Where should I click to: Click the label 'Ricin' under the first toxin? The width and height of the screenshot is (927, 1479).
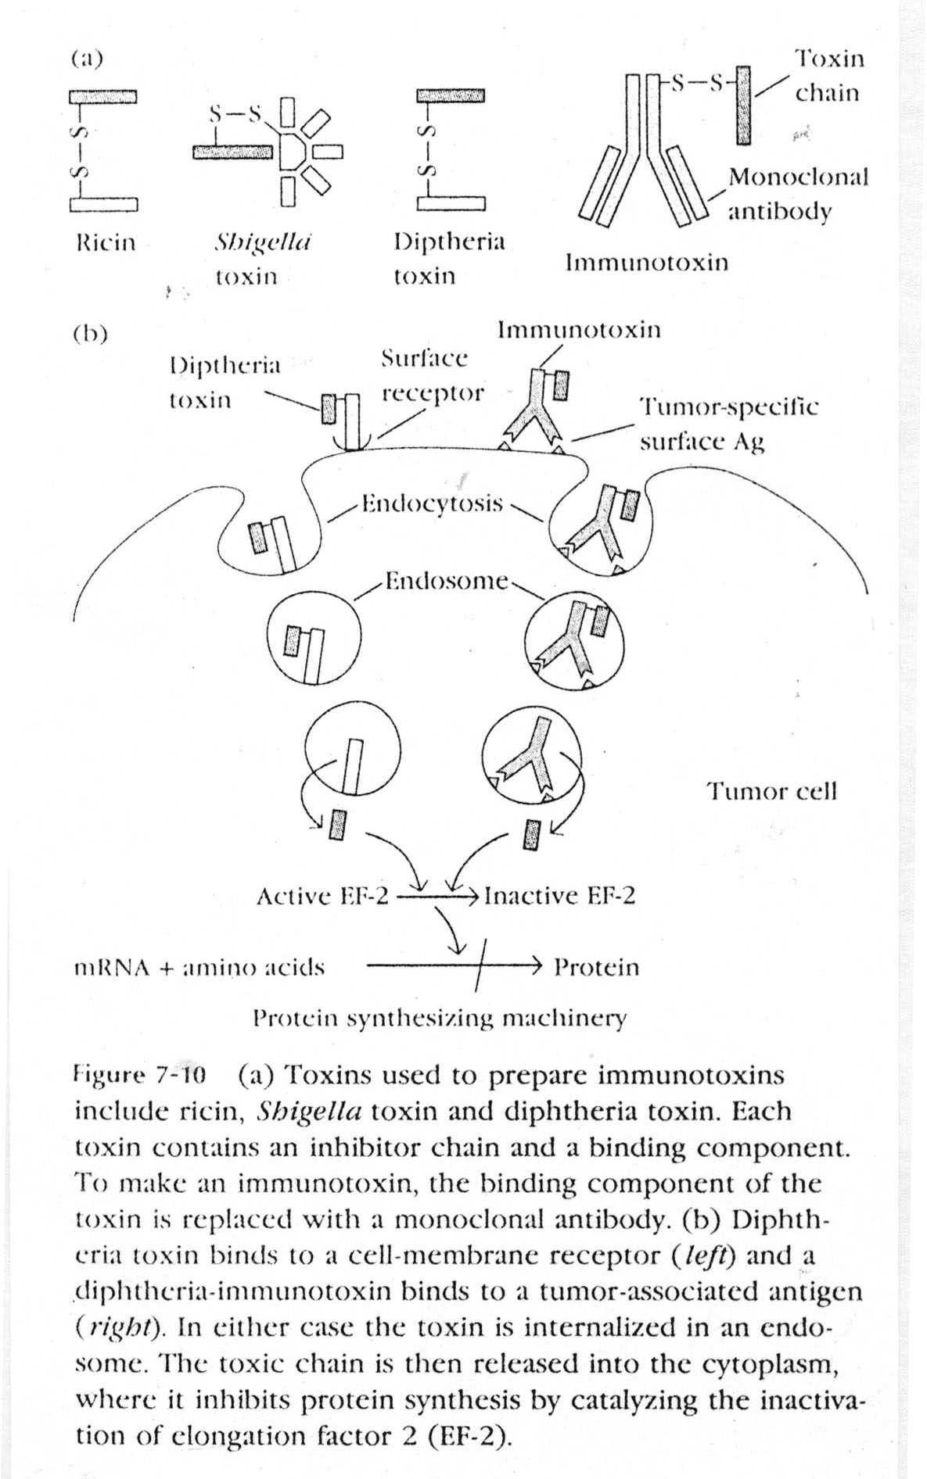point(106,242)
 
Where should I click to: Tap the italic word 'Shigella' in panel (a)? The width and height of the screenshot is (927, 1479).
point(261,242)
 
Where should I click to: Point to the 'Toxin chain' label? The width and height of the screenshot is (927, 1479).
point(828,75)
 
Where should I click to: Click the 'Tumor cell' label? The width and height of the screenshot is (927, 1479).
point(772,791)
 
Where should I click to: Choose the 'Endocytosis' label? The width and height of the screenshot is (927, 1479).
point(432,503)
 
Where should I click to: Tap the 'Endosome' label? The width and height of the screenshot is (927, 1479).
point(448,582)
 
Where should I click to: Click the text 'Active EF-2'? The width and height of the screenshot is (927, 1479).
point(322,896)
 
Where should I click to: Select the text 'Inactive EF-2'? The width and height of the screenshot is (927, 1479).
point(559,896)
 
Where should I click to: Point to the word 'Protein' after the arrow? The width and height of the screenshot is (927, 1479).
point(596,968)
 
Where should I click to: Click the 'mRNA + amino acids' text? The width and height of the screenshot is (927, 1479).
point(199,968)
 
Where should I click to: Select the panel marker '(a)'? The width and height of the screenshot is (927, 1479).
point(86,59)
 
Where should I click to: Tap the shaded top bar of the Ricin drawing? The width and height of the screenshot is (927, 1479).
point(103,96)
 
